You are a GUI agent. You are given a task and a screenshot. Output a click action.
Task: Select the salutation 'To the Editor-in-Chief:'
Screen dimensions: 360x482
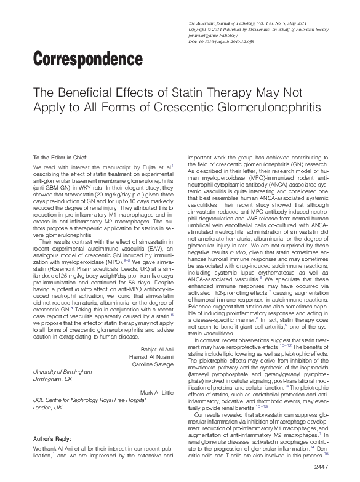click(61, 158)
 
